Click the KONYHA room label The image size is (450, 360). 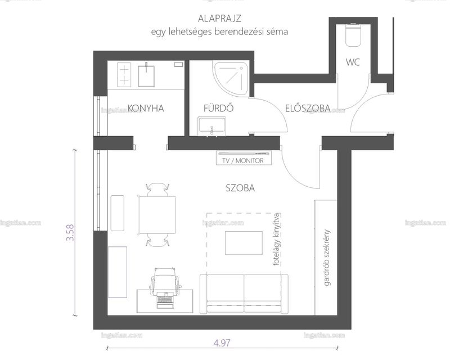click(146, 108)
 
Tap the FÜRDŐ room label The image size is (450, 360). click(219, 108)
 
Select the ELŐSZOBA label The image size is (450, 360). click(308, 108)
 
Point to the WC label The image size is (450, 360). click(353, 62)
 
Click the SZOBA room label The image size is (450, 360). click(240, 188)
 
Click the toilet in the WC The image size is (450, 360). click(353, 35)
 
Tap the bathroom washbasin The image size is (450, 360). click(211, 126)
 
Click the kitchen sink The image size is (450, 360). click(146, 75)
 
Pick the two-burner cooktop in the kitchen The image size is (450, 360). click(124, 75)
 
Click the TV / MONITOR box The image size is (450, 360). click(244, 159)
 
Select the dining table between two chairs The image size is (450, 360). click(157, 215)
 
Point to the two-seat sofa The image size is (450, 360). click(244, 294)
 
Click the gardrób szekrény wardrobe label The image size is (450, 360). click(327, 258)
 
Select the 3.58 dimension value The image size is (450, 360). click(70, 232)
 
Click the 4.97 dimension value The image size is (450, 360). click(222, 343)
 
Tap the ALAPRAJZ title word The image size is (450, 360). click(219, 19)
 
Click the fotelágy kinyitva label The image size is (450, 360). click(276, 240)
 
